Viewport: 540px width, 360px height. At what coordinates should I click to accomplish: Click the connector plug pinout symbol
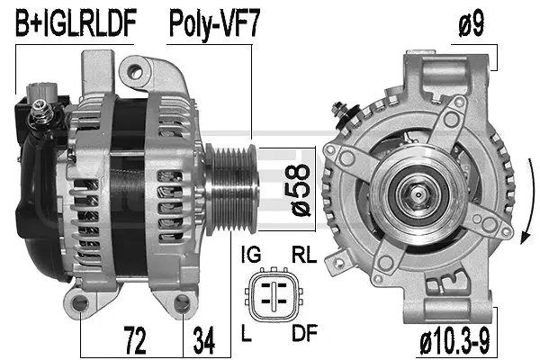pos(275,295)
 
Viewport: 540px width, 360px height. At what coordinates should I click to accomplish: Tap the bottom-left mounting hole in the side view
pos(83,306)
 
